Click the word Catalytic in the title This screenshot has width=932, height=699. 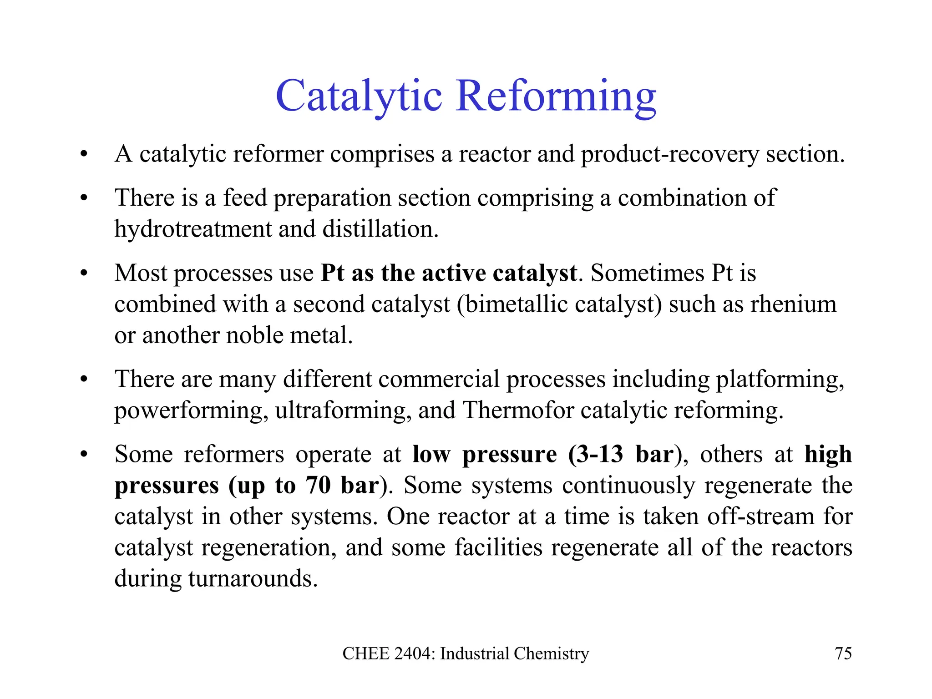tap(359, 96)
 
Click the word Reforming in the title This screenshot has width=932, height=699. tap(556, 96)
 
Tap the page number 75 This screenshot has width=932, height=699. tap(843, 653)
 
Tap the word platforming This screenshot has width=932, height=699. tap(780, 379)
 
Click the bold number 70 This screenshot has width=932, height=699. tap(318, 485)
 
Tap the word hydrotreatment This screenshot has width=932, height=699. tap(193, 229)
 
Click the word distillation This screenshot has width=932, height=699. tap(380, 229)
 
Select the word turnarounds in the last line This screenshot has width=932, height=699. tap(253, 578)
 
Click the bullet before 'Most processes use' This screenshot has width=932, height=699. tap(83, 274)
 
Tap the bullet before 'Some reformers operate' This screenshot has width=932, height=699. tap(83, 455)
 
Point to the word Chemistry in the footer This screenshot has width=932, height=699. tap(551, 653)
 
